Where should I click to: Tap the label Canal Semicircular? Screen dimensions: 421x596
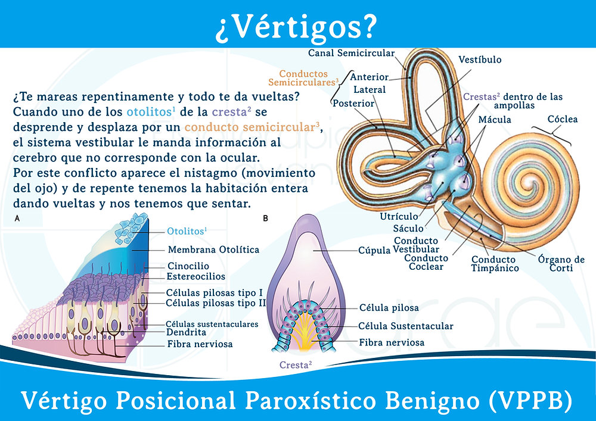351,53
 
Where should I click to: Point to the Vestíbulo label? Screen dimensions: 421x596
480,60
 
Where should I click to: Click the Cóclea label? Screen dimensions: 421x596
563,119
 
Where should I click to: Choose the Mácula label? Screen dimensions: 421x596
495,120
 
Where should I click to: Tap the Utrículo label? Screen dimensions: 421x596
399,217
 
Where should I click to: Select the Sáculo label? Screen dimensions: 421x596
408,228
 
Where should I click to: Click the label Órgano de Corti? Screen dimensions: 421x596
561,264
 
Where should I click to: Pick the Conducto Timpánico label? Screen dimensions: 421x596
494,264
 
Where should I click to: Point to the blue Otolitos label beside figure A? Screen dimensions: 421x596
187,231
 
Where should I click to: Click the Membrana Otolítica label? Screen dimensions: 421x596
213,250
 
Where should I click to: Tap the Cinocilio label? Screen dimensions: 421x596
188,266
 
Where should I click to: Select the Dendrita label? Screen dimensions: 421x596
187,332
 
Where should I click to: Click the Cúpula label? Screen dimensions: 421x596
374,250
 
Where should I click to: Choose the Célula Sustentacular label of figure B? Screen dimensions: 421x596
405,326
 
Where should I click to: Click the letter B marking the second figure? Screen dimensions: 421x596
265,219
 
